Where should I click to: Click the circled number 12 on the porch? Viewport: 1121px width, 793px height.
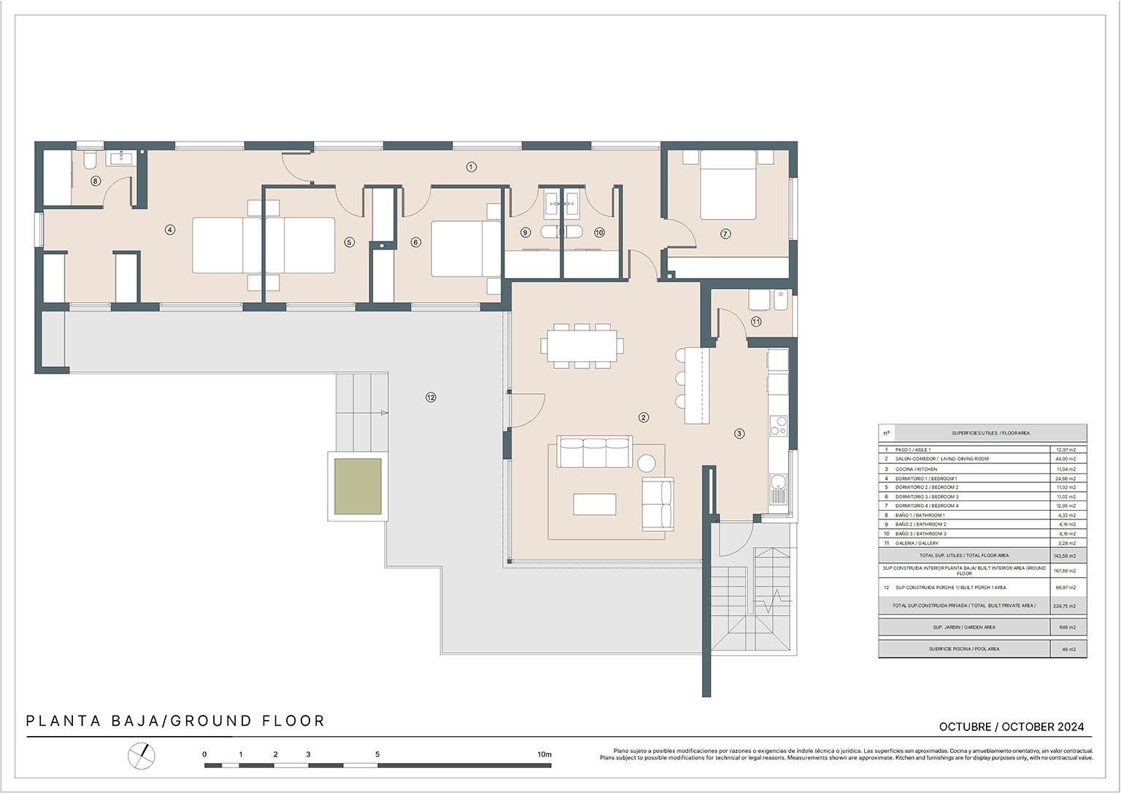click(431, 397)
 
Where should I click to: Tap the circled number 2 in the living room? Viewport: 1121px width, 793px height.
click(643, 417)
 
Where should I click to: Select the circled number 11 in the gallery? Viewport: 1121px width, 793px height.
click(756, 321)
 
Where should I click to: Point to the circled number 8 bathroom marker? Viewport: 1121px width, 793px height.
click(95, 181)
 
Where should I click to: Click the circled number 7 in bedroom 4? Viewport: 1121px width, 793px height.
click(725, 233)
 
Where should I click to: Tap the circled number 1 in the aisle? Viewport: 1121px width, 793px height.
click(471, 167)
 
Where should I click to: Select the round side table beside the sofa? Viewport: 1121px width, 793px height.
click(647, 463)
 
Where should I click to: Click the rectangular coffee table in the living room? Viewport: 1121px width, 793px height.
click(594, 504)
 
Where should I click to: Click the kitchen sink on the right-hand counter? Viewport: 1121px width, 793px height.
click(779, 483)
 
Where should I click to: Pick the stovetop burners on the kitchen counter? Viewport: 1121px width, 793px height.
click(778, 426)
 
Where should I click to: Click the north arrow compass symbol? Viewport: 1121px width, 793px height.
click(142, 755)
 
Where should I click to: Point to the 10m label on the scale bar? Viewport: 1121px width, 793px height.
click(544, 754)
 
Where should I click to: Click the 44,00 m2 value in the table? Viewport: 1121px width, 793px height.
click(1066, 459)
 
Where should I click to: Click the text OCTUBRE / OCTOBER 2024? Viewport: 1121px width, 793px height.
click(1011, 727)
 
